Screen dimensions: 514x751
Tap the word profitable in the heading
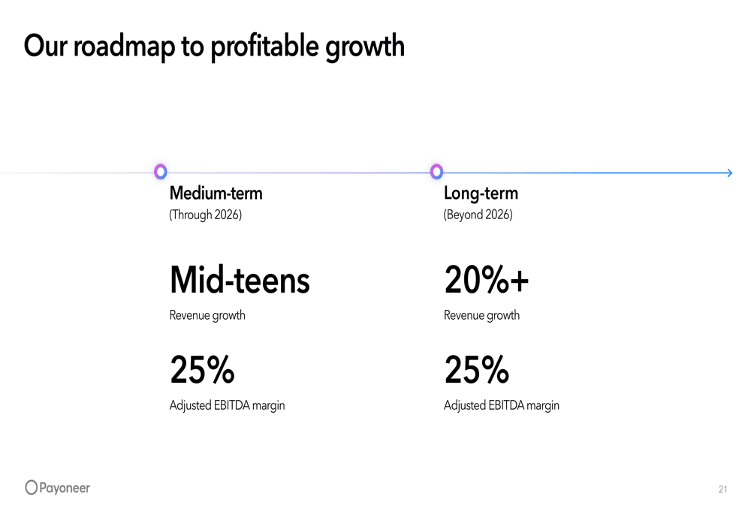[x=264, y=47]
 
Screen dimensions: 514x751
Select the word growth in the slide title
[x=364, y=47]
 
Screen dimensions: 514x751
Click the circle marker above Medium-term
[x=160, y=172]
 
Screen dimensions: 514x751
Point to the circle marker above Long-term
[x=436, y=172]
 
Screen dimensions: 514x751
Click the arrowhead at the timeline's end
[x=728, y=173]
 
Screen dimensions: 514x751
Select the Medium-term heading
[x=216, y=194]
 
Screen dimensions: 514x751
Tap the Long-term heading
[x=481, y=194]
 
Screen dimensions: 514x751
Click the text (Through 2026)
[x=206, y=215]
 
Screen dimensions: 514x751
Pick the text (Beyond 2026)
[x=478, y=215]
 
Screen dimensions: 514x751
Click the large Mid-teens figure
[x=240, y=281]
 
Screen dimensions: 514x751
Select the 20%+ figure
[x=487, y=281]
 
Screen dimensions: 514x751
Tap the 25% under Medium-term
[x=202, y=370]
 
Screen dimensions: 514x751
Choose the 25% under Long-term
[x=477, y=370]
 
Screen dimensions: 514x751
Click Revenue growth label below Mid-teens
[x=207, y=315]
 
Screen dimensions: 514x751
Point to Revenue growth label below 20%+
[x=481, y=315]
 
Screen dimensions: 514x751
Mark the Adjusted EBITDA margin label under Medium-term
[x=227, y=406]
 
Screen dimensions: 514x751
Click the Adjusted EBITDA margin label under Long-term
[x=502, y=406]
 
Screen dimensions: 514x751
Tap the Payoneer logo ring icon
[x=31, y=488]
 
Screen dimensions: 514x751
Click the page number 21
[x=722, y=490]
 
